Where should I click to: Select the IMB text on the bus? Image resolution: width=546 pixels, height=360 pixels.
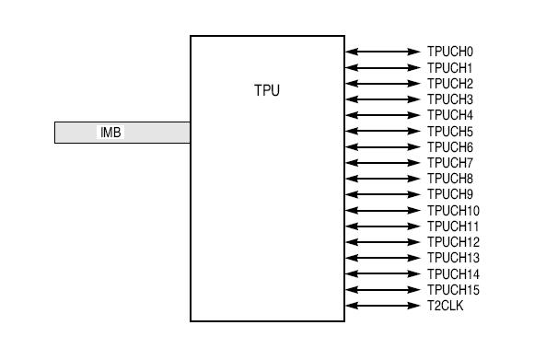(x=110, y=133)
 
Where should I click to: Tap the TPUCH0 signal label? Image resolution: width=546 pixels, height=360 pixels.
(x=449, y=52)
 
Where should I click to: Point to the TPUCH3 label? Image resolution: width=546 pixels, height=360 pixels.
(x=449, y=99)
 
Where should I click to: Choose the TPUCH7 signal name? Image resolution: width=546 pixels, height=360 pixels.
(x=449, y=163)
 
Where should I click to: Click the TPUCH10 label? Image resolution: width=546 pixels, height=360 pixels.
(x=453, y=211)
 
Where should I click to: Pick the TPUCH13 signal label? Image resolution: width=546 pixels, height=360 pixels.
(x=453, y=258)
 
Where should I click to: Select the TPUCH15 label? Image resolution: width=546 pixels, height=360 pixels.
(x=453, y=290)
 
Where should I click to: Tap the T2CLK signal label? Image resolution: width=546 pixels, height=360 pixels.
(x=446, y=306)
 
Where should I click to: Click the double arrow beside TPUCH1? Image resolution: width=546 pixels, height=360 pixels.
(x=382, y=68)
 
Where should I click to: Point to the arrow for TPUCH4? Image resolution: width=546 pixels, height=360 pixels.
(x=382, y=115)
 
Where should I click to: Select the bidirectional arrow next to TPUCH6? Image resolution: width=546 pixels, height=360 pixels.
(x=382, y=147)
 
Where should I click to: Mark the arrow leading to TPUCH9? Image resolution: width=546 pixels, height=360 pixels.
(x=382, y=194)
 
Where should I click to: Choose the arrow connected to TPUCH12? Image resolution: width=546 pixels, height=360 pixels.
(x=382, y=242)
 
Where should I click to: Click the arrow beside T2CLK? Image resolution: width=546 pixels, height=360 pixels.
(x=382, y=306)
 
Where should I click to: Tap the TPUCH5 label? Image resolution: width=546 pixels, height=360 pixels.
(x=449, y=132)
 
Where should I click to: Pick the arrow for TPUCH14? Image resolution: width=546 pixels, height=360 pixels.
(x=382, y=274)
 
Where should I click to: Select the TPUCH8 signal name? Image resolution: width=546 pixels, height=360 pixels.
(x=449, y=179)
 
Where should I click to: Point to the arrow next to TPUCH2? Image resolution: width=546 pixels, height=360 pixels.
(x=382, y=84)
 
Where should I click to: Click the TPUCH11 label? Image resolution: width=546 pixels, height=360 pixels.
(x=453, y=226)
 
